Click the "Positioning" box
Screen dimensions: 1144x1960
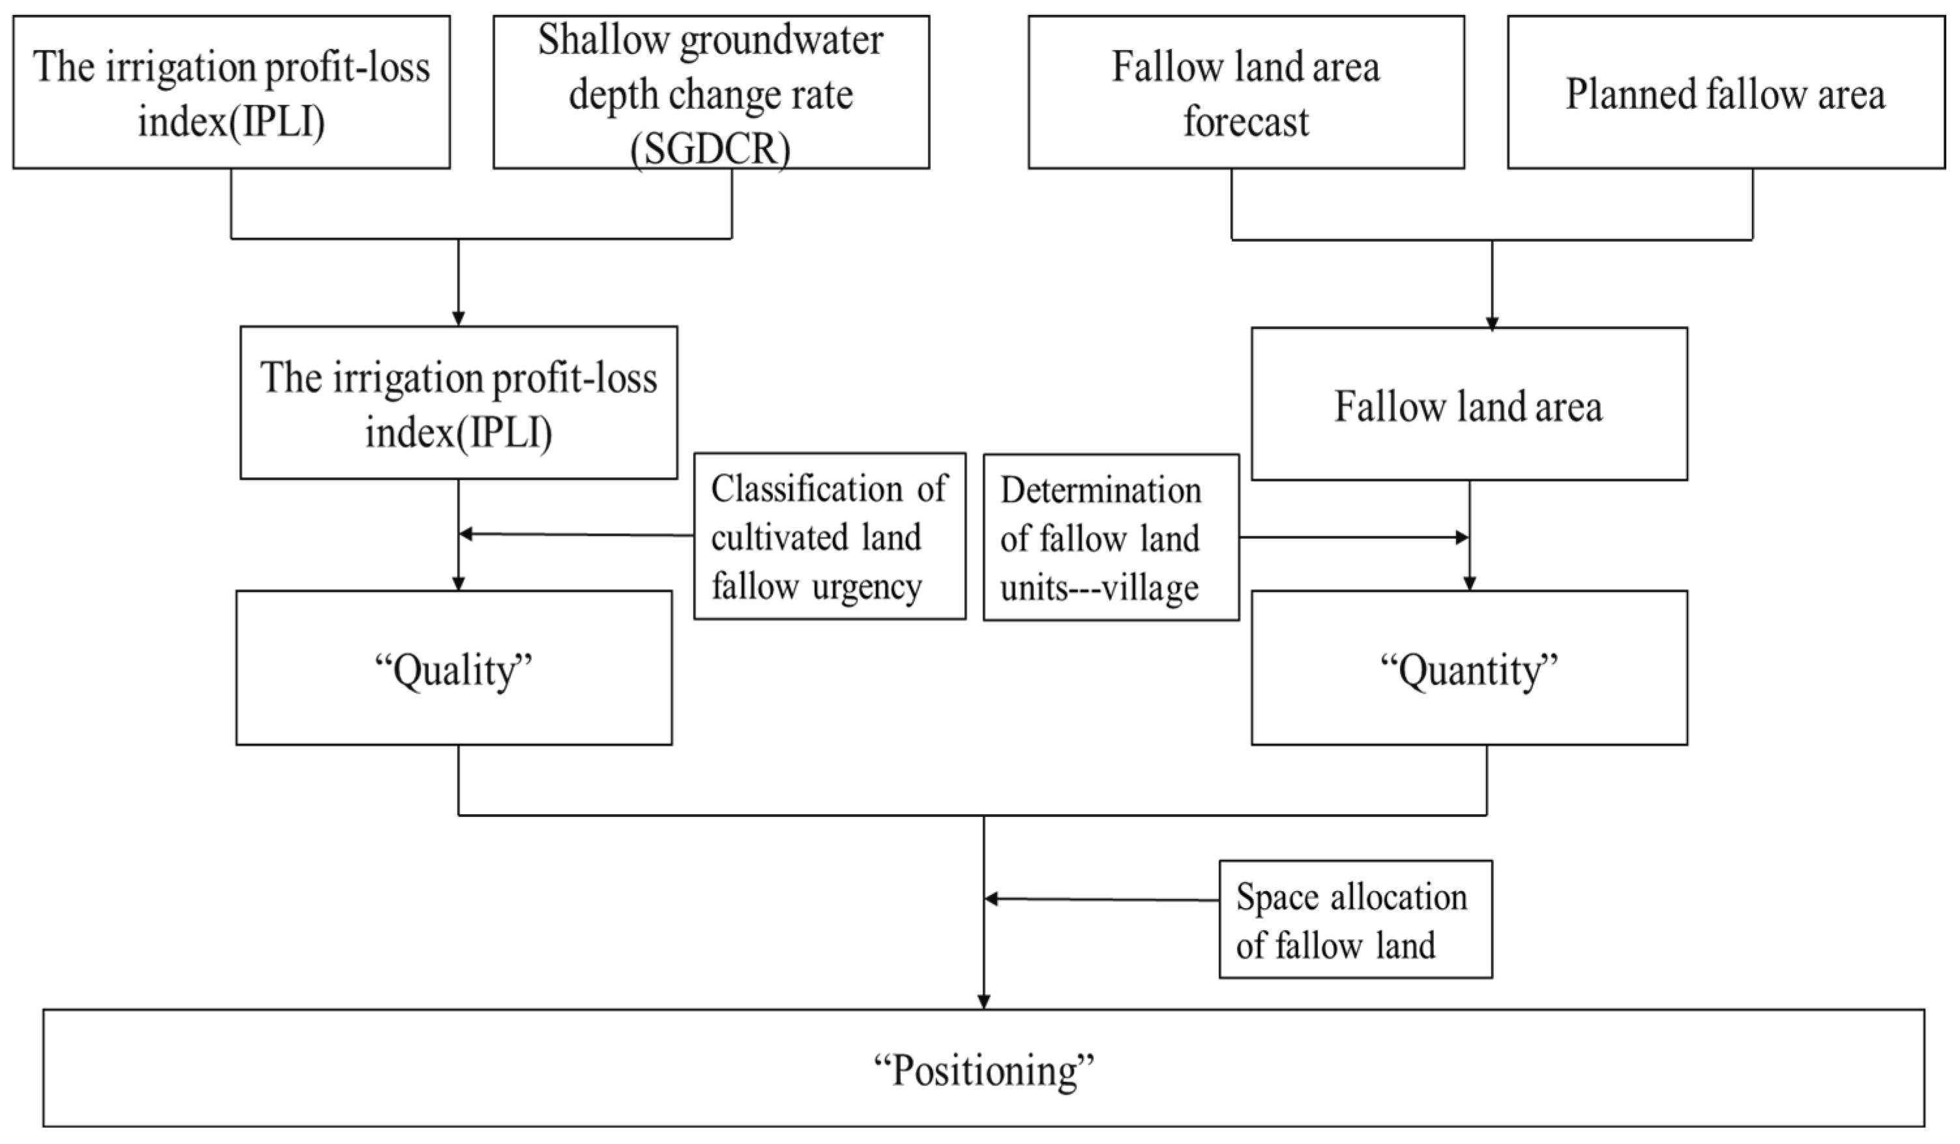point(983,1068)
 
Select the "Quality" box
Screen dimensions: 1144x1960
point(454,668)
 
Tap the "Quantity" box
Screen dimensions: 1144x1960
point(1469,668)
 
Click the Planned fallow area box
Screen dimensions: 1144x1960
point(1725,93)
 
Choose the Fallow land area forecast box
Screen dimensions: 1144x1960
point(1246,93)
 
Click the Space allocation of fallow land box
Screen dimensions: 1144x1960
point(1355,919)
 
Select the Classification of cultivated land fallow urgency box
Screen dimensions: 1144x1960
point(829,536)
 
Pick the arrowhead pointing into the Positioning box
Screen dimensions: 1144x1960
point(984,1002)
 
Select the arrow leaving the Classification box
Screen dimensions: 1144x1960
point(576,535)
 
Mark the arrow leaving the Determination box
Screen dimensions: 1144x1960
point(1353,537)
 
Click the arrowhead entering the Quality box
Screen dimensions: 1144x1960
point(459,583)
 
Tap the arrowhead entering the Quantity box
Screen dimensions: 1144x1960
point(1469,583)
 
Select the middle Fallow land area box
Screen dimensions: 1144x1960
point(1469,404)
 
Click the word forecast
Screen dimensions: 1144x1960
point(1246,122)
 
